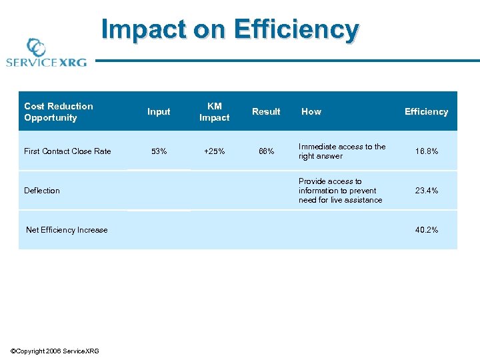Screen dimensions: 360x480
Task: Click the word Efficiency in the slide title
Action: click(295, 30)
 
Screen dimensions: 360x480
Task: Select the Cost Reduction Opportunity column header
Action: click(59, 112)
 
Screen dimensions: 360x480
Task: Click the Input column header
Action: click(159, 112)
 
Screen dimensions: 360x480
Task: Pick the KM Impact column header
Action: click(214, 112)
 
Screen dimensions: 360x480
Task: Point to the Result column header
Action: click(266, 112)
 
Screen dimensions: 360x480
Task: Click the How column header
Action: click(311, 112)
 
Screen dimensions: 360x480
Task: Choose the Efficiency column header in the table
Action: click(426, 112)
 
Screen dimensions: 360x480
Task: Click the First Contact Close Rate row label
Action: click(67, 151)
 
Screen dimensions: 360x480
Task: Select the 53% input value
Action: click(159, 151)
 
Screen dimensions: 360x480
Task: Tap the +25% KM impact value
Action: click(214, 151)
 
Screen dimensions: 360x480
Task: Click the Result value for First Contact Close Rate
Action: click(266, 151)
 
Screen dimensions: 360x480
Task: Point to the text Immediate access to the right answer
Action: click(342, 151)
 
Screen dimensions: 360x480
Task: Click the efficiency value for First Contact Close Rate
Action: click(426, 151)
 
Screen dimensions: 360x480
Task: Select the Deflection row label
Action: click(42, 191)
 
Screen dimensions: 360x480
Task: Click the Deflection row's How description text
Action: click(340, 191)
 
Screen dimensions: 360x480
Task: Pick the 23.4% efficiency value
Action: click(426, 191)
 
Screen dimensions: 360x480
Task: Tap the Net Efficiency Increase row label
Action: click(67, 230)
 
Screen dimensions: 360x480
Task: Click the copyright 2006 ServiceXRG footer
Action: click(55, 351)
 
